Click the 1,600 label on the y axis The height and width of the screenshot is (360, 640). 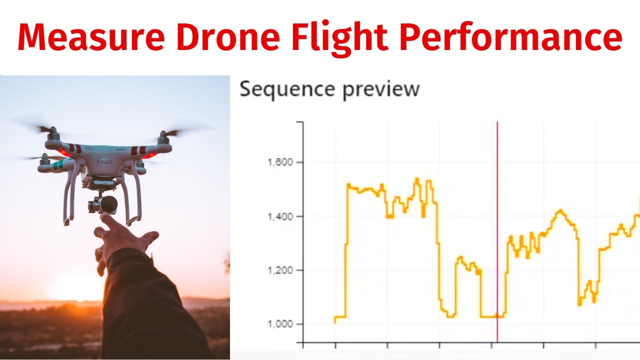(280, 162)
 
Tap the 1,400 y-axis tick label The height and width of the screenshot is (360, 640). (280, 216)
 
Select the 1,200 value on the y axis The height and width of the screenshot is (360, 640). (280, 270)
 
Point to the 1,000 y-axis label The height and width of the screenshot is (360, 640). (280, 324)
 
